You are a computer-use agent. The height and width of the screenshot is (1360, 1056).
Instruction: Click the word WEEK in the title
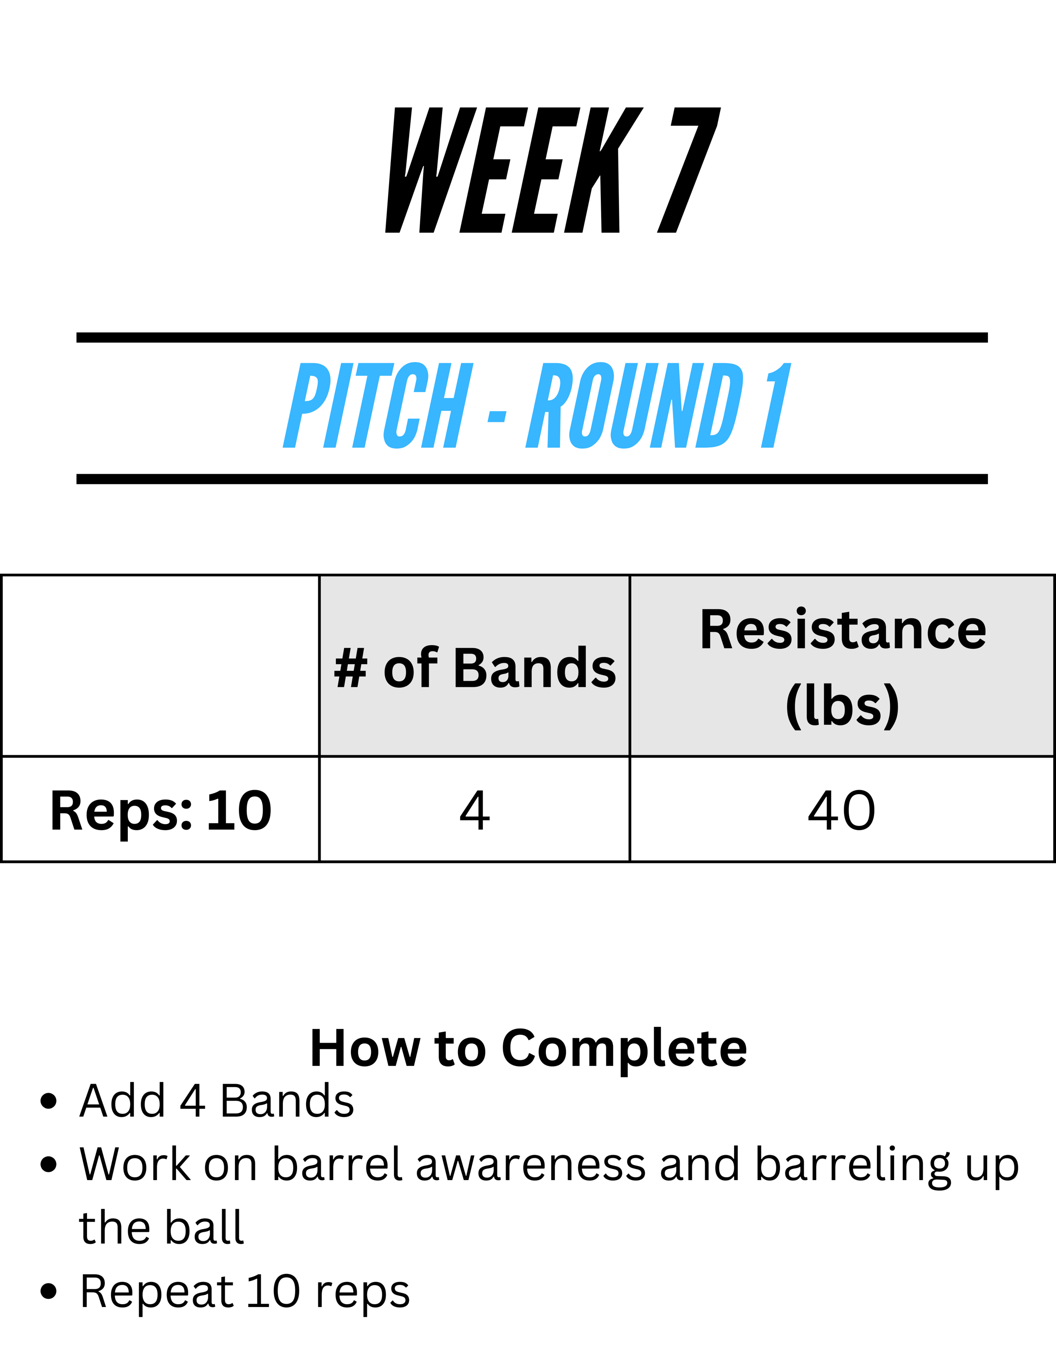pos(514,170)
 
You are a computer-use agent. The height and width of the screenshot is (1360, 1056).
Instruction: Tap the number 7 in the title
pos(689,170)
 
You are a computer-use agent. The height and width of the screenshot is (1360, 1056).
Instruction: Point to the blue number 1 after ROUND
pos(776,405)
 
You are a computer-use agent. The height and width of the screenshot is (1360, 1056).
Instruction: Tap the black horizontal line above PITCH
pos(532,338)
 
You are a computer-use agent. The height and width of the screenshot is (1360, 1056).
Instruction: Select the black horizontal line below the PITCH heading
pos(532,479)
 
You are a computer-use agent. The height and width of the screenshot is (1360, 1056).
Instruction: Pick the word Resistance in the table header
pos(843,630)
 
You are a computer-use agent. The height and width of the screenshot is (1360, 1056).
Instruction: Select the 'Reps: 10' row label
pos(161,811)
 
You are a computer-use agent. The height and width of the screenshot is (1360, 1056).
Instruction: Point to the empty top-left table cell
pos(161,665)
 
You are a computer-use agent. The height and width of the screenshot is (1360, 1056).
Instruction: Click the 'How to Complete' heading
pos(529,1049)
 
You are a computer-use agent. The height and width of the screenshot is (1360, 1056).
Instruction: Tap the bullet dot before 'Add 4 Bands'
pos(48,1101)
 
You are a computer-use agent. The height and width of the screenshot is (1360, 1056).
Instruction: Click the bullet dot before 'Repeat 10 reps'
pos(48,1292)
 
